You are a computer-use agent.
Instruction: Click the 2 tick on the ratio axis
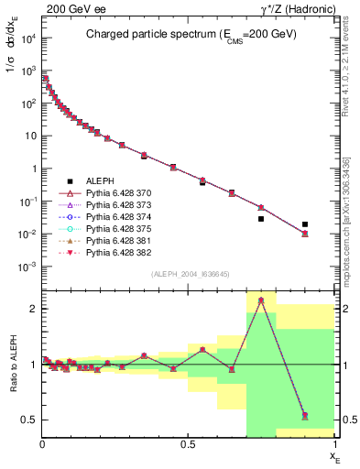tap(34, 310)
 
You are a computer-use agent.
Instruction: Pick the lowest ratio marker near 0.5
tap(305, 416)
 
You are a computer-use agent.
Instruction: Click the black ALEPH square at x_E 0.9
tap(305, 224)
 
